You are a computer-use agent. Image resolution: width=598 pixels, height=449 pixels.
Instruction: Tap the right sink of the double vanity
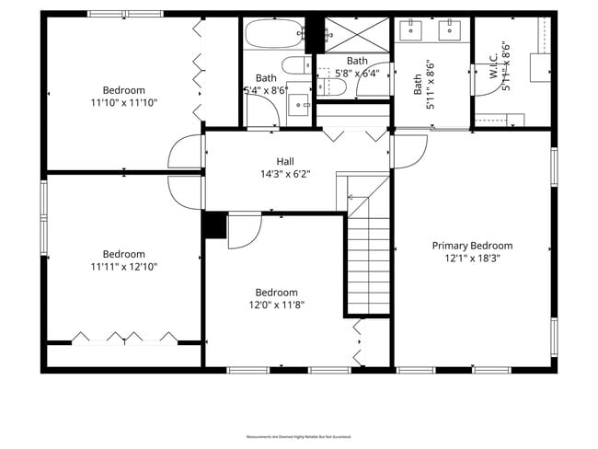[451, 31]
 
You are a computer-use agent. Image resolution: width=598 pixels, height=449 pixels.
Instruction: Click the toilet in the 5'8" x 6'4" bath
[334, 86]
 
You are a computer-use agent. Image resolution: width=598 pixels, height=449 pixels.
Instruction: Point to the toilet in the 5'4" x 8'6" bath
[297, 65]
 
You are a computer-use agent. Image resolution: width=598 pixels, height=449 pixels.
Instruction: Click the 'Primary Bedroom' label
[472, 246]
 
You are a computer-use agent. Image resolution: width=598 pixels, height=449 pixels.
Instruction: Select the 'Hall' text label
[285, 161]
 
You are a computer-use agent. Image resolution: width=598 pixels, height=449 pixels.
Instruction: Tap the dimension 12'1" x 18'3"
[472, 259]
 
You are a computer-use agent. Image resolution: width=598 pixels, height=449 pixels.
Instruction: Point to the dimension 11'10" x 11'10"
[123, 103]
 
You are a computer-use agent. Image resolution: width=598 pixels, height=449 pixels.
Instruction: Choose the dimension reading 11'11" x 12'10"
[123, 267]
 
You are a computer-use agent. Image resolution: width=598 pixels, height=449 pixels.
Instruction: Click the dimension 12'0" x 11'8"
[276, 305]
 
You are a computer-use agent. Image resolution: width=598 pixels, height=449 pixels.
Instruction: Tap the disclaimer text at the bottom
[299, 435]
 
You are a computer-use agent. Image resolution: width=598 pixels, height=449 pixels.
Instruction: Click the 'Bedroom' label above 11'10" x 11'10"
[123, 90]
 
